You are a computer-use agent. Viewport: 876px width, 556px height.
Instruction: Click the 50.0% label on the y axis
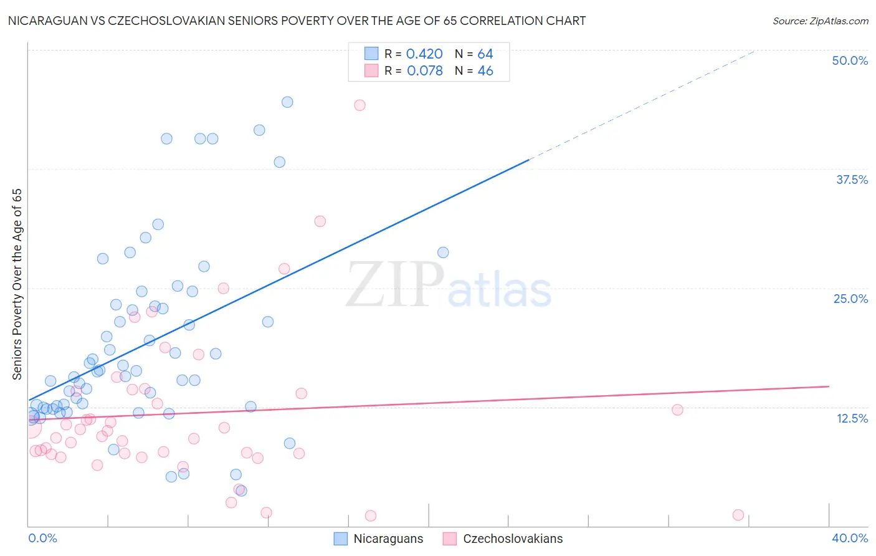850,60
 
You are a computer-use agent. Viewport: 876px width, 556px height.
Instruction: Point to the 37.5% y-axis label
852,180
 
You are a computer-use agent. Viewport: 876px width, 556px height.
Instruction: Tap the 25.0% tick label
850,299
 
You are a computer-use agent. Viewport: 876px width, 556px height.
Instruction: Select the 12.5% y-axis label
852,418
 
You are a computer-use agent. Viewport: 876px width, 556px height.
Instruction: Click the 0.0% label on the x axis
42,538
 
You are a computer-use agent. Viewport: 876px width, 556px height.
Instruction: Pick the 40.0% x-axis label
850,538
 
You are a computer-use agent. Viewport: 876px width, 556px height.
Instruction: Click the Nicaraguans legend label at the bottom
388,539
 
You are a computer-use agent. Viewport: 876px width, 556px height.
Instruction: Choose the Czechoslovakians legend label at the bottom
513,539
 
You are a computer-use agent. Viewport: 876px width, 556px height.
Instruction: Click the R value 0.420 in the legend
424,54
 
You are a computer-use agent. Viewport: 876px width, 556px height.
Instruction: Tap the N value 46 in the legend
485,71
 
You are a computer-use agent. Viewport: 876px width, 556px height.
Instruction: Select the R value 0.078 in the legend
425,71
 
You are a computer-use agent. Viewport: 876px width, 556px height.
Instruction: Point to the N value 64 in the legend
485,54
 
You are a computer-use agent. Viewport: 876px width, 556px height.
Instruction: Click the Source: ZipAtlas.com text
820,21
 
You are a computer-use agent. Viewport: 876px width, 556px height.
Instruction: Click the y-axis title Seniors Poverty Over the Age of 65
17,284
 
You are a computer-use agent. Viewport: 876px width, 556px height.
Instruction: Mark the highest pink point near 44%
359,105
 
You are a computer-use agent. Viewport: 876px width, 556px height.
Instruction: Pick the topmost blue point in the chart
287,102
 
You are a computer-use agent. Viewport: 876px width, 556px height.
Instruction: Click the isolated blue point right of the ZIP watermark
443,252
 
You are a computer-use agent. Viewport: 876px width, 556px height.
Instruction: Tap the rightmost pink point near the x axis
738,515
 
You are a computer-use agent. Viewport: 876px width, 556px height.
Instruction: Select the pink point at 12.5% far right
677,410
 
